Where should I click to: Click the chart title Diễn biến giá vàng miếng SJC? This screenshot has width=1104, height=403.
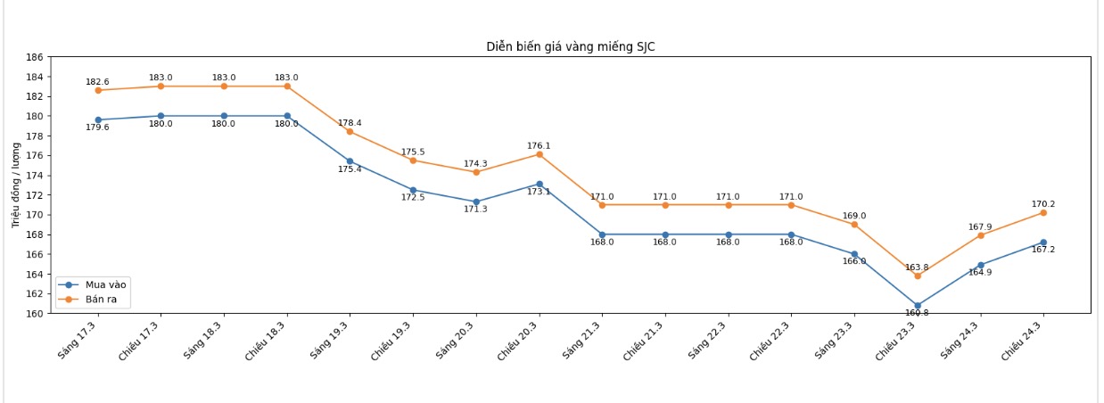pos(570,46)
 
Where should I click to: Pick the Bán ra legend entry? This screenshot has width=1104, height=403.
pos(101,300)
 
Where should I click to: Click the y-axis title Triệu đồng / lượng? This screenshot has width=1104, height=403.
pos(16,185)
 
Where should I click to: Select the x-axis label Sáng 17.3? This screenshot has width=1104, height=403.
pos(78,341)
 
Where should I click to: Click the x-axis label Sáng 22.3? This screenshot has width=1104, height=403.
pos(709,341)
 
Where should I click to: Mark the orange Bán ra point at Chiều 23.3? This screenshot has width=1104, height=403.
pos(918,276)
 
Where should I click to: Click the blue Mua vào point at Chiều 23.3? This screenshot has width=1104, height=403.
pos(918,306)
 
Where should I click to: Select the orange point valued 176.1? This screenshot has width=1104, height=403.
pos(540,154)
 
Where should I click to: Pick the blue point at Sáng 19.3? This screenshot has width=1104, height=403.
pos(350,161)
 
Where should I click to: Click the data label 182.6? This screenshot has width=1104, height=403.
pos(97,82)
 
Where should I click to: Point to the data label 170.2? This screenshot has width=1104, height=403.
pos(1043,204)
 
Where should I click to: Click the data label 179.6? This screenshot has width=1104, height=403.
pos(97,127)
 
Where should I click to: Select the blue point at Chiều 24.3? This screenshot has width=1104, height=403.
pos(1043,243)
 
